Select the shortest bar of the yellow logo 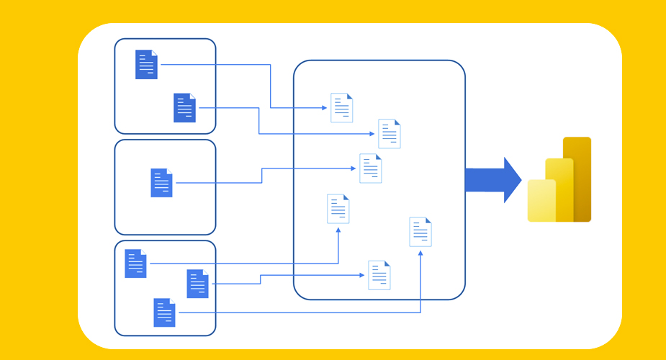541,201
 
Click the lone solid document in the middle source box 161,183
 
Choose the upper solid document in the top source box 146,64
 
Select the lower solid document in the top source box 184,108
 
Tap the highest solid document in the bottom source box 135,264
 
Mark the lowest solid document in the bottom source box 164,312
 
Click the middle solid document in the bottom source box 197,284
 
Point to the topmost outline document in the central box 341,108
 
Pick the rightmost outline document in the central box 420,232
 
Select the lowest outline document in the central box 379,275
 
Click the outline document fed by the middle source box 370,168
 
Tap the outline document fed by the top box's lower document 390,134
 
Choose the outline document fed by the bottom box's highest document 338,209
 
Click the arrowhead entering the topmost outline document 325,108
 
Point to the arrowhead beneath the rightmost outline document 420,252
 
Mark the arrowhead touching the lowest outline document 363,275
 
